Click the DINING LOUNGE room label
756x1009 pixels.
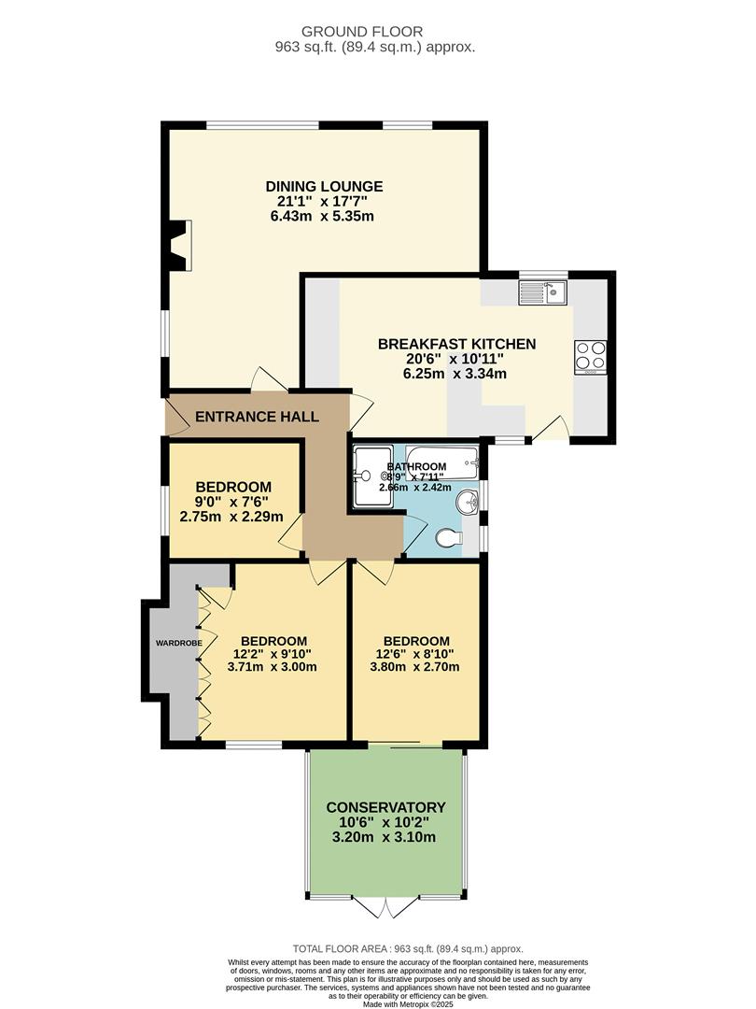click(324, 186)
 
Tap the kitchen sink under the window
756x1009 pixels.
click(543, 294)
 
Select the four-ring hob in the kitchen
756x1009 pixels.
click(590, 356)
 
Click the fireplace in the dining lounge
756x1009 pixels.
click(179, 245)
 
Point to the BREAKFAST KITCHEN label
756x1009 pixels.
click(456, 344)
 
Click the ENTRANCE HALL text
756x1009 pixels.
click(257, 417)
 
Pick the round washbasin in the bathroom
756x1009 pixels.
click(467, 504)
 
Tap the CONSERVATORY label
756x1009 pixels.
click(385, 807)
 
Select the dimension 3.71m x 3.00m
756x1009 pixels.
click(273, 667)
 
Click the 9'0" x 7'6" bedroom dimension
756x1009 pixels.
click(232, 502)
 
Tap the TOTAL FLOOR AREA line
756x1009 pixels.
click(408, 947)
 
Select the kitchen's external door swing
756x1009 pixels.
click(550, 428)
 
